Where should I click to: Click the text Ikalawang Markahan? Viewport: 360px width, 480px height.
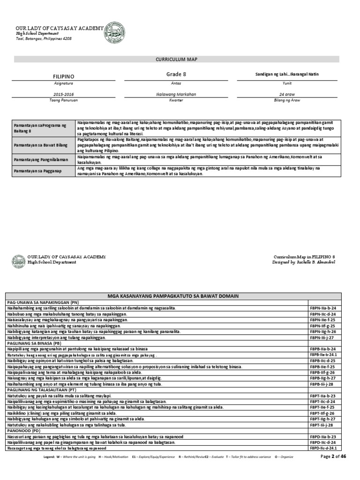pyautogui.click(x=176, y=94)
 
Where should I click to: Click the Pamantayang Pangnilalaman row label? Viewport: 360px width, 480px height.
pyautogui.click(x=40, y=160)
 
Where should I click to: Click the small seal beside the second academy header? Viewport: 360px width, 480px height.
pyautogui.click(x=19, y=262)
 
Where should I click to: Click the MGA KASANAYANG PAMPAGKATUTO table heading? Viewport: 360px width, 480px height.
pyautogui.click(x=173, y=296)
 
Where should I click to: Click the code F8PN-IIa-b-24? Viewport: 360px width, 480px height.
pyautogui.click(x=323, y=308)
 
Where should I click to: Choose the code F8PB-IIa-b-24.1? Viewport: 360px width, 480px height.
pyautogui.click(x=324, y=356)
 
